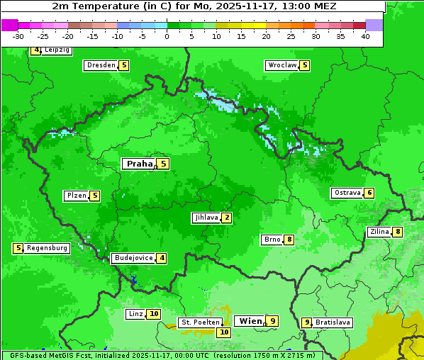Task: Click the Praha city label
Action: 139,164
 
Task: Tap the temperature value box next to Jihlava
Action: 226,218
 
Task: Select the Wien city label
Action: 250,321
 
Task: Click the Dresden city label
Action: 101,65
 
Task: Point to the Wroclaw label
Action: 281,65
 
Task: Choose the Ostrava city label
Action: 347,193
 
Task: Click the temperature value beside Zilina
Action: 398,232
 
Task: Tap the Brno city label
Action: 272,240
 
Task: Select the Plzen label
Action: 76,196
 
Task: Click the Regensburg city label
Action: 47,248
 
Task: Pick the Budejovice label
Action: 133,258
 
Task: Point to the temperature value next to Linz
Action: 154,314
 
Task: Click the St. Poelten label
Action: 200,322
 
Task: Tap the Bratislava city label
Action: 333,322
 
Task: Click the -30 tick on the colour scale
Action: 18,35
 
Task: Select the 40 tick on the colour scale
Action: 365,35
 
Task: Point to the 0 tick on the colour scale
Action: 167,35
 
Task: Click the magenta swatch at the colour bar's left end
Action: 9,25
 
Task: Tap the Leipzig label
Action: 57,50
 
